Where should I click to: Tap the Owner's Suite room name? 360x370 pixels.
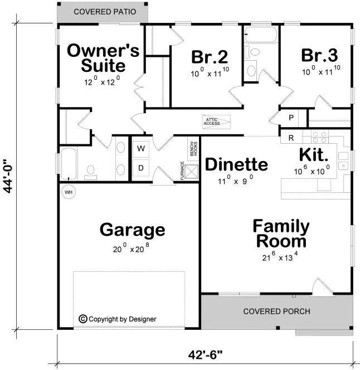(103, 58)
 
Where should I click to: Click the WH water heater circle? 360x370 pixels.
(69, 192)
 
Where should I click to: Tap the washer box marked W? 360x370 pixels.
(141, 149)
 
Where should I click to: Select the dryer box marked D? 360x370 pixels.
(141, 168)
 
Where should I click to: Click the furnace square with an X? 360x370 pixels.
(192, 172)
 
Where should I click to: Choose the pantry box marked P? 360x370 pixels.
(291, 118)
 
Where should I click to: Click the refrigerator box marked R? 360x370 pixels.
(291, 137)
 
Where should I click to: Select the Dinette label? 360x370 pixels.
(236, 164)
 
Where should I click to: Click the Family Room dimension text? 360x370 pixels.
(281, 257)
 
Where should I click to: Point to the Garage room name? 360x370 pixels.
(132, 229)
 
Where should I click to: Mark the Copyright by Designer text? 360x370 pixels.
(118, 319)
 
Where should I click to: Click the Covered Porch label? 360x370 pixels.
(276, 311)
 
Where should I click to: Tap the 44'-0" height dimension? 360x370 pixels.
(9, 174)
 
